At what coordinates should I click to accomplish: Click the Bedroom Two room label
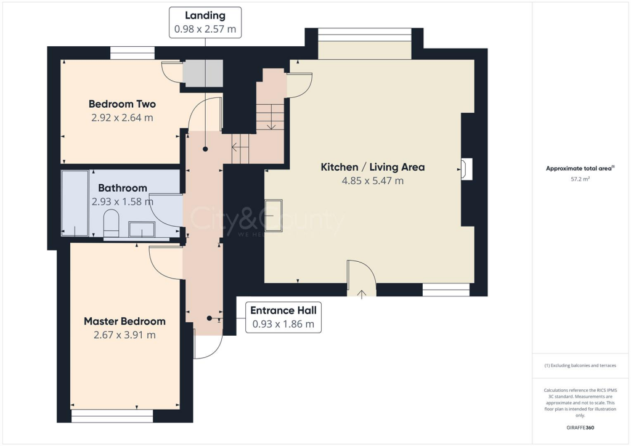[122, 104]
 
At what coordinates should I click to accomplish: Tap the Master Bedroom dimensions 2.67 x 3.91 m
[124, 335]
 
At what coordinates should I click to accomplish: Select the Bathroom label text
[122, 188]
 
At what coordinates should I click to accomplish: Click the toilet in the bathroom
[112, 223]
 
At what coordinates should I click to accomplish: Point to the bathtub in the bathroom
[75, 203]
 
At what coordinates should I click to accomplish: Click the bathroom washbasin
[142, 230]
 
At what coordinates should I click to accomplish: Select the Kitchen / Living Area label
[373, 167]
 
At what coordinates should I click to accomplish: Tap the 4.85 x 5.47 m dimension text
[373, 181]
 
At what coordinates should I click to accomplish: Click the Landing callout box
[205, 22]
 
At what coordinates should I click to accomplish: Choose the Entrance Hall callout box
[283, 317]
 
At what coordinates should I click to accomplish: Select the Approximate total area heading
[579, 168]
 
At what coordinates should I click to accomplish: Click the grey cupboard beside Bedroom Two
[203, 74]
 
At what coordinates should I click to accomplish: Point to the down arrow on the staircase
[271, 124]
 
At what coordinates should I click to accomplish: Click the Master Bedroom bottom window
[112, 416]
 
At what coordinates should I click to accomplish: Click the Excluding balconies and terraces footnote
[580, 366]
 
